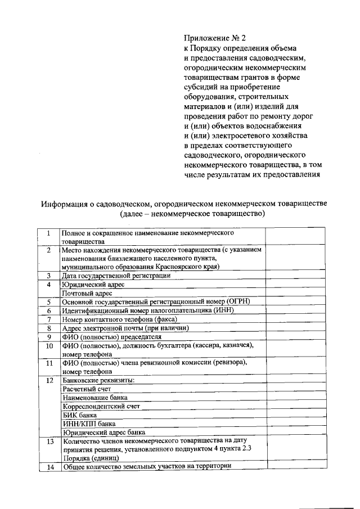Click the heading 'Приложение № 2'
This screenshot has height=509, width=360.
(215, 38)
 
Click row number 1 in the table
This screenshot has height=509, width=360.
(49, 233)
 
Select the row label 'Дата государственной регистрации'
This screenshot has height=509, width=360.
(116, 276)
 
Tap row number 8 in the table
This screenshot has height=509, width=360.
(49, 328)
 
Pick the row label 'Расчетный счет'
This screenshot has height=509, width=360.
(86, 389)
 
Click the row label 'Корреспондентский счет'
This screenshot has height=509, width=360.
(101, 406)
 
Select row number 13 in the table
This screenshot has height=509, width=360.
(49, 442)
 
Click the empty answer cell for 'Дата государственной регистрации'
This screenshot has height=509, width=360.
(295, 276)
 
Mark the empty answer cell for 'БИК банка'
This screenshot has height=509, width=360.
(295, 415)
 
